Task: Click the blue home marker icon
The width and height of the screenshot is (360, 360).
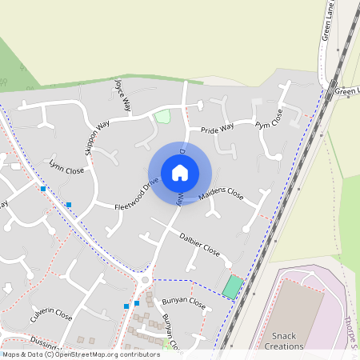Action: pos(180,172)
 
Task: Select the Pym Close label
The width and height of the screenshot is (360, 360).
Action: pos(269,119)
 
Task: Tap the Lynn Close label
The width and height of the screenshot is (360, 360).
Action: pos(66,169)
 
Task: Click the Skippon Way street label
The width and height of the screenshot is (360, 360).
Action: pos(97,138)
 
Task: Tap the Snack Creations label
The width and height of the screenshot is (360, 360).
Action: pos(287,341)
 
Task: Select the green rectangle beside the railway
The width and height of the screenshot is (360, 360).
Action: pos(232,287)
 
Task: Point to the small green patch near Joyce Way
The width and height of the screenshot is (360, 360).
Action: pos(162,117)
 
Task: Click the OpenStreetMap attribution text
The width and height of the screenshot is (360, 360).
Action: pos(80,354)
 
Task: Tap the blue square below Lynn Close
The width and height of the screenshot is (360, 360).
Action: pos(69,206)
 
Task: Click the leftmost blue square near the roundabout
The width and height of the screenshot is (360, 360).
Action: pos(126,306)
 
